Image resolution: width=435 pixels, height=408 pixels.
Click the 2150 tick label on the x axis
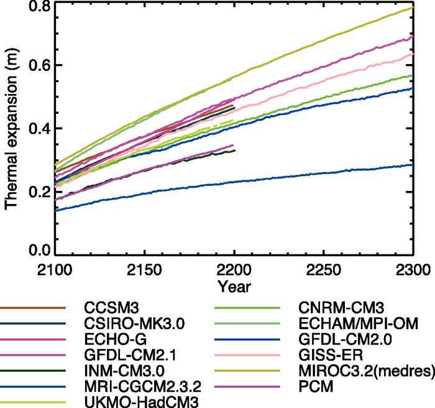[144, 271]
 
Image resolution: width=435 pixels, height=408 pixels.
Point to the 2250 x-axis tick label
[324, 271]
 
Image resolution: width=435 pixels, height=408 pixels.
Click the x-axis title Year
[234, 287]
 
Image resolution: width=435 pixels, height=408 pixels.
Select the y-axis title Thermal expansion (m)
[11, 131]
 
